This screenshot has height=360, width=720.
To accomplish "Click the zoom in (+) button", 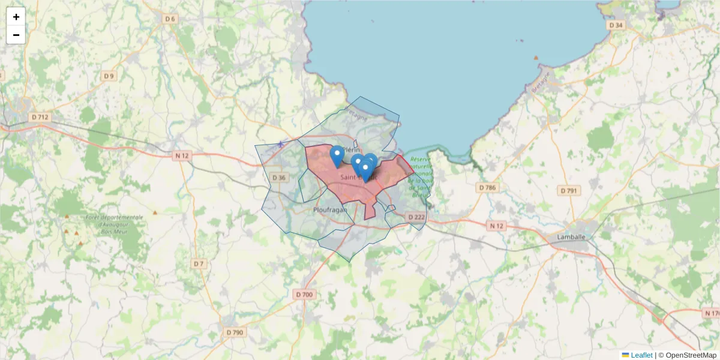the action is [x=16, y=17].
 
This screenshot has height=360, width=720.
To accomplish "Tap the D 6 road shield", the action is [x=170, y=19].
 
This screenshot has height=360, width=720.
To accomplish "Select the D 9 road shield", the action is [x=109, y=76].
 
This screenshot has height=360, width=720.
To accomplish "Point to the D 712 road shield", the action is [x=40, y=117].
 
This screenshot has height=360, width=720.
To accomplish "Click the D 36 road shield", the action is [x=278, y=178].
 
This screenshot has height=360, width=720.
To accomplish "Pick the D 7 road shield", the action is [x=199, y=264].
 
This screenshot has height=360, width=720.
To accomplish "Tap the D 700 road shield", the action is [x=305, y=295].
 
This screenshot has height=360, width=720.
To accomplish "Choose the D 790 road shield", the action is [x=235, y=332].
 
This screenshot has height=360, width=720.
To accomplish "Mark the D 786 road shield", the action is [x=488, y=188].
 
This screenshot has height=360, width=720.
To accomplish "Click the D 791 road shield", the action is [x=568, y=191].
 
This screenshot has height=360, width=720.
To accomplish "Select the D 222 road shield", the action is [x=416, y=217].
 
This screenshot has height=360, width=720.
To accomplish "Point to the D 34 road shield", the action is [x=616, y=25].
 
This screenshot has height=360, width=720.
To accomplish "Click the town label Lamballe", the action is [x=571, y=237].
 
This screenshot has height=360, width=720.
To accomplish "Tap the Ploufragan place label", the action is [x=329, y=211].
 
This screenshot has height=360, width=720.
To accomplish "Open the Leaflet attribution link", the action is [x=641, y=355].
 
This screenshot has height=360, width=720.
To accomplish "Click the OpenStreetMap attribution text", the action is [x=691, y=355].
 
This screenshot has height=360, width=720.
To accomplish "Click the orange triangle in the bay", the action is [x=536, y=58].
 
